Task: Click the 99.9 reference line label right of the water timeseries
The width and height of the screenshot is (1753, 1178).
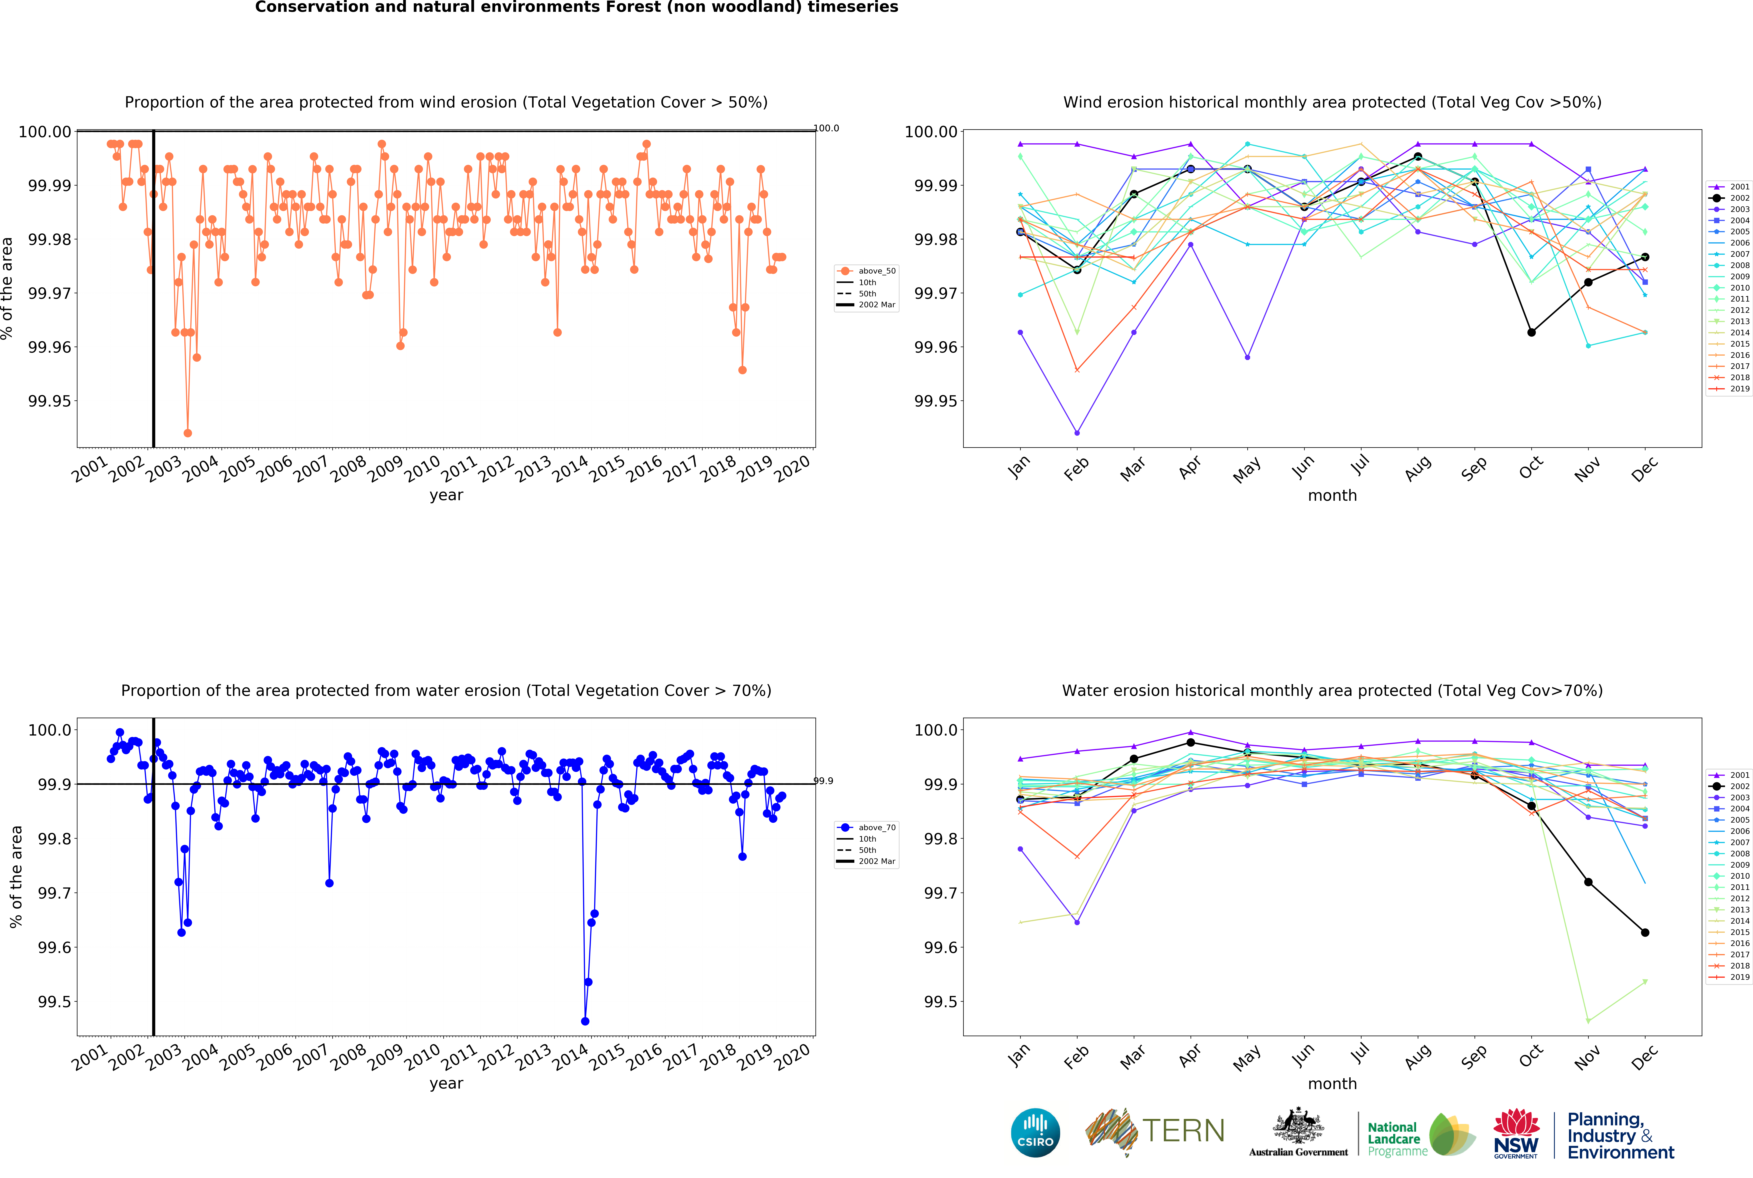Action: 823,781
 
